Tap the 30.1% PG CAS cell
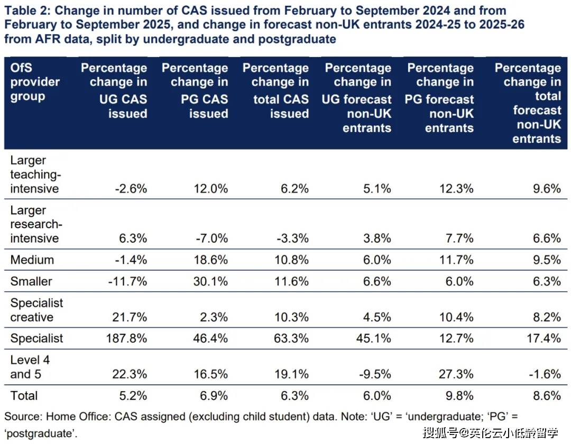(x=210, y=281)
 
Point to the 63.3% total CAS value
(x=291, y=339)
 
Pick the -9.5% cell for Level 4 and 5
(x=374, y=375)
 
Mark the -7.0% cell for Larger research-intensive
(x=210, y=238)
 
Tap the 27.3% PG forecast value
(x=456, y=375)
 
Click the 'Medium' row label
(x=32, y=260)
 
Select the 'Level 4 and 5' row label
(x=31, y=367)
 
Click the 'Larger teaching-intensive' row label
(x=35, y=174)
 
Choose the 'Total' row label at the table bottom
(x=24, y=396)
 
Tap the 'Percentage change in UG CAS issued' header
(x=115, y=90)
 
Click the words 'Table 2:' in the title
(x=27, y=11)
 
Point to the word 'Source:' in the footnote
(x=23, y=416)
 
